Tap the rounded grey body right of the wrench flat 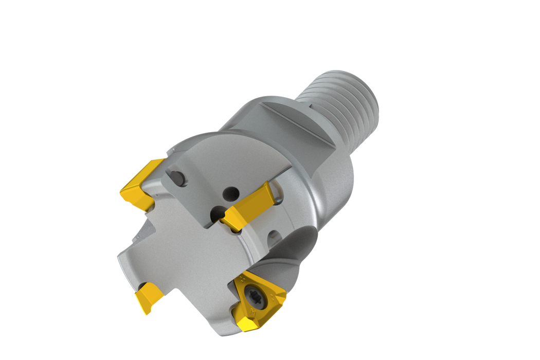334,170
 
